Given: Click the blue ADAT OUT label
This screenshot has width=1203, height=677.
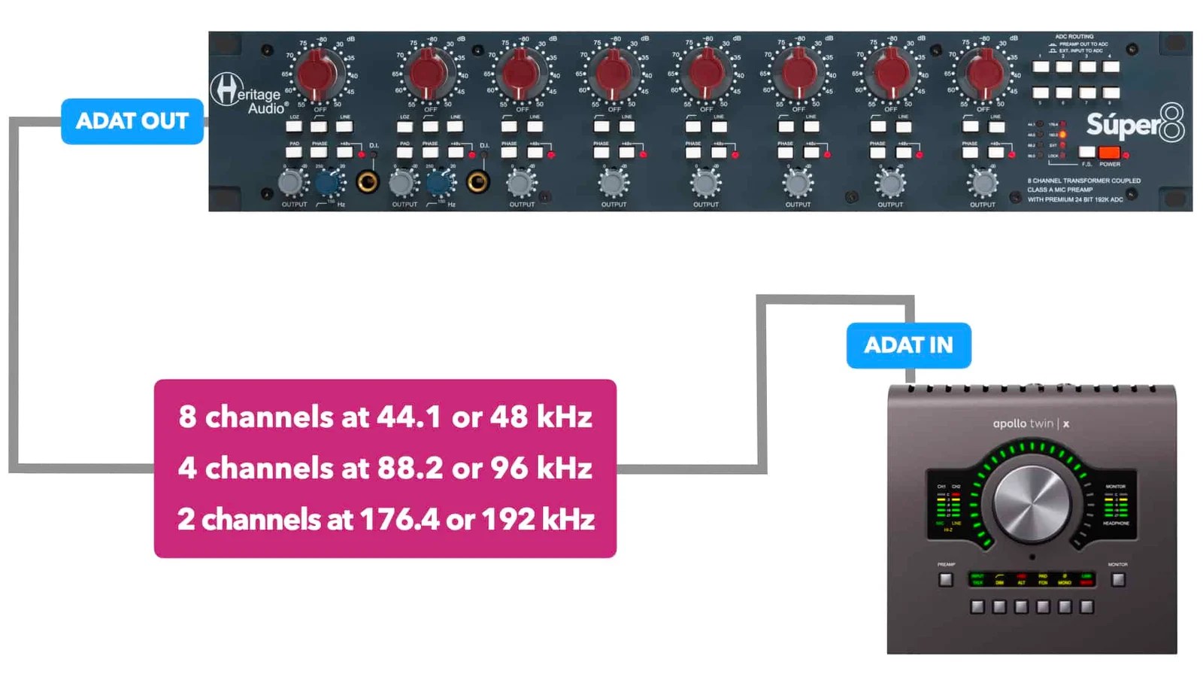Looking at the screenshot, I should click(132, 121).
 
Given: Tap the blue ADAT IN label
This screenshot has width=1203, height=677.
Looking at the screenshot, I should click(908, 345).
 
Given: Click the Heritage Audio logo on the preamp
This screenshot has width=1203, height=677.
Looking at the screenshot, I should click(247, 93).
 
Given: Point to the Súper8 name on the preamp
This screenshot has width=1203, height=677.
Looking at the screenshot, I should click(1135, 124).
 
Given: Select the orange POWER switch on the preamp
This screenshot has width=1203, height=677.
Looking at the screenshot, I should click(1109, 153).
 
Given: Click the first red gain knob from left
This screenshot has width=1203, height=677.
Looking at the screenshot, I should click(317, 74).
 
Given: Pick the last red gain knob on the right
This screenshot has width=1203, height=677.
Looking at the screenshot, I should click(983, 74).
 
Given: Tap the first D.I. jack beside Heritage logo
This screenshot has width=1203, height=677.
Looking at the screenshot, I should click(368, 181).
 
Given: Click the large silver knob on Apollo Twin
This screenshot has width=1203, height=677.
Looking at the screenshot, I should click(1032, 503).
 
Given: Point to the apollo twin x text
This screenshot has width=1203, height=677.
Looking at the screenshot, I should click(1031, 424).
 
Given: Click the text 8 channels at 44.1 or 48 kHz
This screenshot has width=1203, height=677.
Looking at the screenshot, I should click(385, 417).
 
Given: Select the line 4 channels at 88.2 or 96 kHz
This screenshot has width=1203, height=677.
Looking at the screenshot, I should click(385, 468).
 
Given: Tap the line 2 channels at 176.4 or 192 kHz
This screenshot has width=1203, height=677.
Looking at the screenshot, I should click(385, 519).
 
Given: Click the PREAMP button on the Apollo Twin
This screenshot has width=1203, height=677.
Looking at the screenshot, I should click(946, 579).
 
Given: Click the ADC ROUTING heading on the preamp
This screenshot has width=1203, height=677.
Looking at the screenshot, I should click(1074, 36).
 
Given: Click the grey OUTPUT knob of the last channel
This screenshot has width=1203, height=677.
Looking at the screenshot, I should click(983, 182).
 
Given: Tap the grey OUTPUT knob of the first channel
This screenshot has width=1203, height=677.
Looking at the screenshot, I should click(292, 182).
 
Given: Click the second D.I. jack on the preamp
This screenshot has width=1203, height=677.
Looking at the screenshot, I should click(477, 181).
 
